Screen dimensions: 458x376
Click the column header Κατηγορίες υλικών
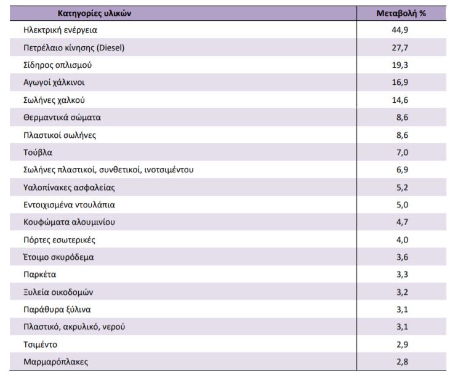click(x=94, y=14)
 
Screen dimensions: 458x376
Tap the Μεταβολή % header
click(x=401, y=14)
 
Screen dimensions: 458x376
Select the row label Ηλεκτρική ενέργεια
click(x=60, y=30)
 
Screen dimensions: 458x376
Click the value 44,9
click(x=400, y=30)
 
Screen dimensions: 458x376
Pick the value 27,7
click(x=400, y=47)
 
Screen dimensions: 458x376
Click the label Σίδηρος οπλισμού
click(x=57, y=65)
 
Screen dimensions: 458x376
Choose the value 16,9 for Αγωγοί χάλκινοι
click(x=400, y=82)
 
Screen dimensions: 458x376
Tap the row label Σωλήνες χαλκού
click(x=54, y=100)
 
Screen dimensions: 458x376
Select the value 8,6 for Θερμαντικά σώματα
click(x=402, y=118)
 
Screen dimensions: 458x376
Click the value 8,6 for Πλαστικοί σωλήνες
click(x=402, y=135)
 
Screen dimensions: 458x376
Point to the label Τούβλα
click(x=38, y=153)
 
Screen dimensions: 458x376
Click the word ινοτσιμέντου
click(x=169, y=170)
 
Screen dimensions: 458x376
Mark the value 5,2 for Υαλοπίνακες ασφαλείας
click(x=402, y=188)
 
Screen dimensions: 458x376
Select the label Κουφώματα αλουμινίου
click(x=69, y=222)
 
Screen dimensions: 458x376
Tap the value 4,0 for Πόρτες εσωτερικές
click(x=402, y=239)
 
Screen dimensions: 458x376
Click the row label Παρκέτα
click(x=40, y=274)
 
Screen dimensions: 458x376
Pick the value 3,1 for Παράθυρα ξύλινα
click(x=402, y=309)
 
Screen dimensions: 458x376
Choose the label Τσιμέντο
click(x=40, y=345)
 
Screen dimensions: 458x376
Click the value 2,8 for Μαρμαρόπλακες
click(x=402, y=362)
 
